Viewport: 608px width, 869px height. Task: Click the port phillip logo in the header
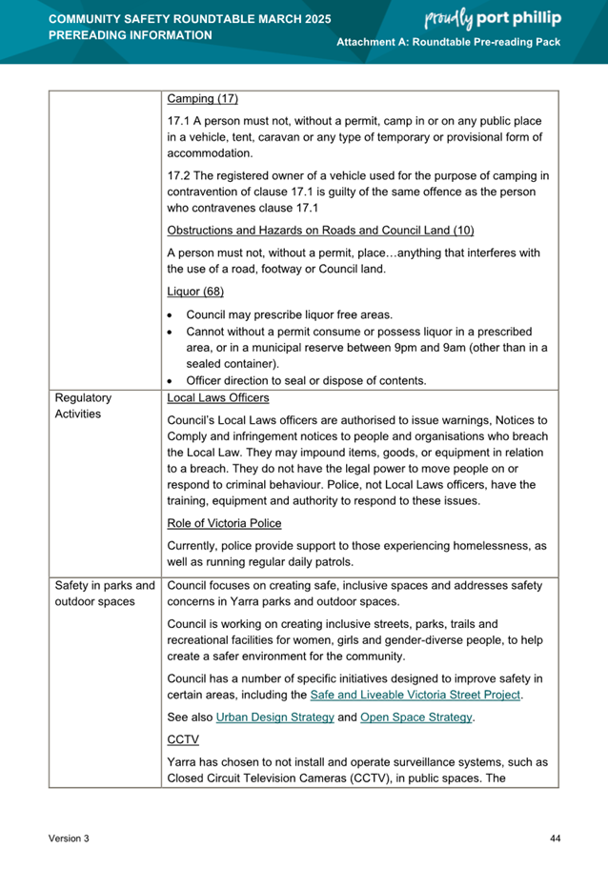[493, 18]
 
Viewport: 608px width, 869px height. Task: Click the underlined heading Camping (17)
[202, 99]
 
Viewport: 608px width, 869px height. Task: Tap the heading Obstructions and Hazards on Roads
[320, 231]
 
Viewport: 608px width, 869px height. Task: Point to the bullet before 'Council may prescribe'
[171, 314]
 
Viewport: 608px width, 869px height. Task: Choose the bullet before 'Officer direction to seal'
[171, 381]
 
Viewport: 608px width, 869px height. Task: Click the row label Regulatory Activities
[84, 406]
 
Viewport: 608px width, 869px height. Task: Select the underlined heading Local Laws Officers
[217, 397]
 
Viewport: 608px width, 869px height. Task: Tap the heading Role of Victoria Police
[224, 523]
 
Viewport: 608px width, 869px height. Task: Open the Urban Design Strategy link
[275, 717]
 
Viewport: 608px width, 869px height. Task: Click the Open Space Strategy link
[415, 717]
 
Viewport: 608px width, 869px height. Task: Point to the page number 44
[556, 838]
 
